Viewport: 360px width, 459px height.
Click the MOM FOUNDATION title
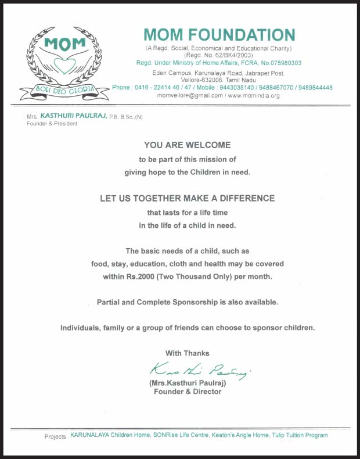point(219,34)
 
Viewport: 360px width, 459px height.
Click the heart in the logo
point(64,66)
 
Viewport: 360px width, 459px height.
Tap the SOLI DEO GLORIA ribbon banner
point(64,90)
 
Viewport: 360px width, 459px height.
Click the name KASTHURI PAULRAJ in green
point(73,116)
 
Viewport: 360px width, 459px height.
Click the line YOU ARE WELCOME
point(187,145)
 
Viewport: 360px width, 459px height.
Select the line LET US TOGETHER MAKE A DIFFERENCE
point(187,198)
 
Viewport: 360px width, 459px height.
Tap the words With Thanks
point(187,353)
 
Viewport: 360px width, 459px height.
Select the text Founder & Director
point(187,392)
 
